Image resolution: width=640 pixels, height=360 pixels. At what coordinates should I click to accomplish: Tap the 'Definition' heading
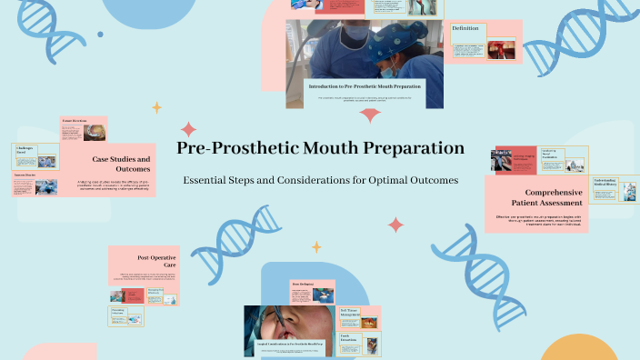click(465, 29)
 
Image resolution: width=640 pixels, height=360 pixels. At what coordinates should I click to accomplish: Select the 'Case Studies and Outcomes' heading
click(121, 165)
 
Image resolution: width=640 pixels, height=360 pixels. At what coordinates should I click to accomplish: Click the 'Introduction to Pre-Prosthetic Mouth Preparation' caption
click(365, 86)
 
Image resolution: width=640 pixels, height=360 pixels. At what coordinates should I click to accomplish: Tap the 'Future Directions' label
click(74, 121)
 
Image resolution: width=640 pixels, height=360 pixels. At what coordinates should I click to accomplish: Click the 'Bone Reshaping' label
click(303, 285)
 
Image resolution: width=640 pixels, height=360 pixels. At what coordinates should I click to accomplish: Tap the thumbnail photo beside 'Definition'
click(500, 48)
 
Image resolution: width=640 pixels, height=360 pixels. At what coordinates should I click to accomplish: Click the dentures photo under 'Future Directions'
click(94, 134)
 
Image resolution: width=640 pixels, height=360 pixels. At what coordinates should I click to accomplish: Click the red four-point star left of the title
click(188, 129)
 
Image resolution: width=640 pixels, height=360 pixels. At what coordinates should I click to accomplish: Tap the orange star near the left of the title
click(156, 108)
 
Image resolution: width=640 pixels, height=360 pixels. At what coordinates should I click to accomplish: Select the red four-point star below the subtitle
click(395, 225)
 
